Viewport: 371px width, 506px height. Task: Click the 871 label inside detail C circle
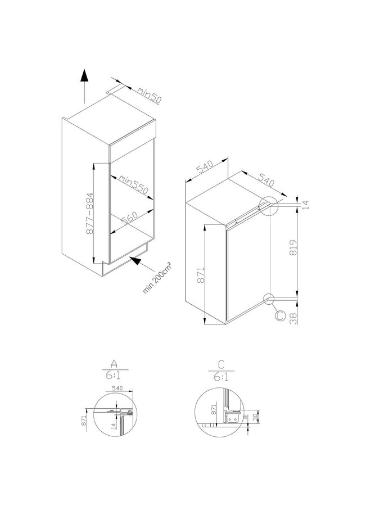pyautogui.click(x=213, y=410)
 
